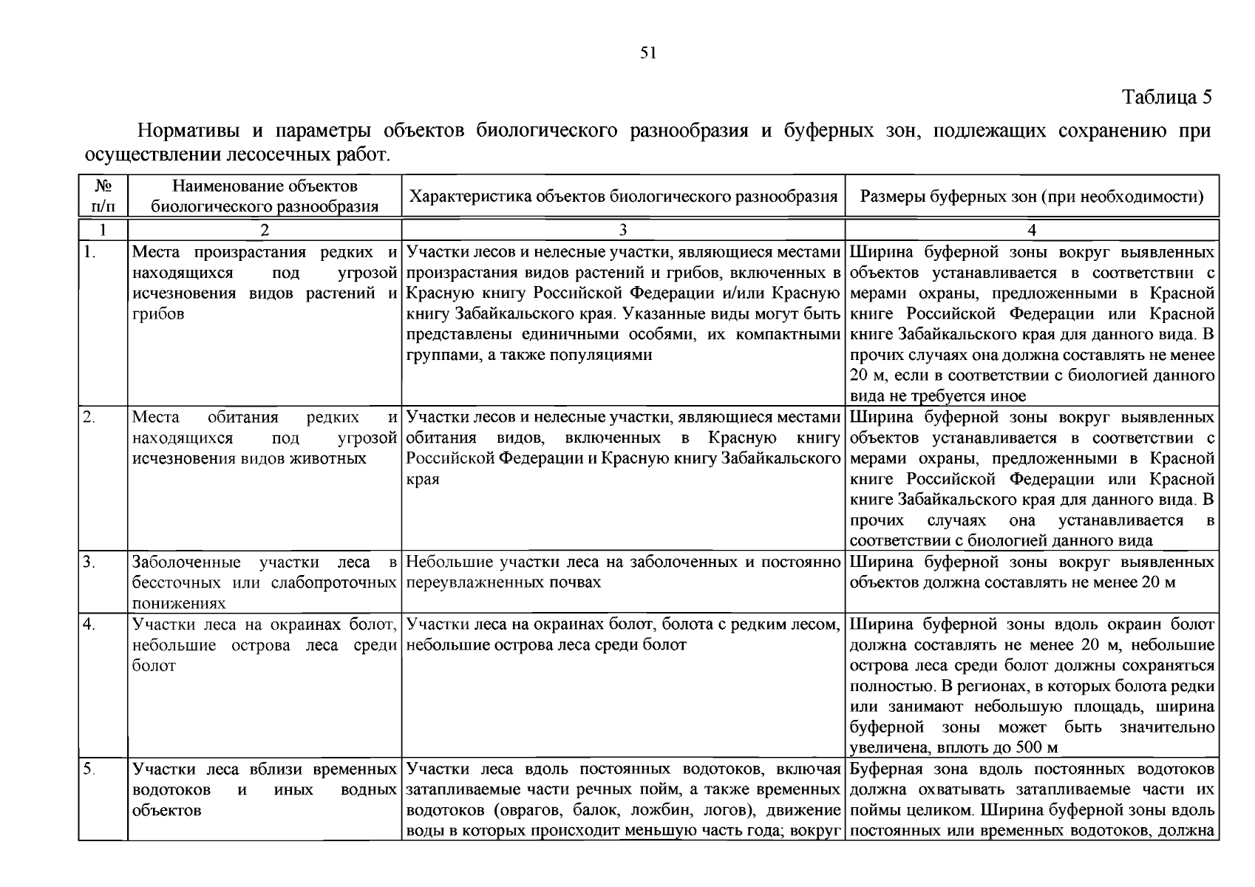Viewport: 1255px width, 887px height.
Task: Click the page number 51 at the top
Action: click(647, 52)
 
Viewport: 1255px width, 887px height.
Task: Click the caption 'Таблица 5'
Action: click(1166, 98)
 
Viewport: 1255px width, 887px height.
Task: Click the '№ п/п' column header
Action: click(103, 196)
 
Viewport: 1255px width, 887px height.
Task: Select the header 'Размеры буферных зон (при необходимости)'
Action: click(1032, 197)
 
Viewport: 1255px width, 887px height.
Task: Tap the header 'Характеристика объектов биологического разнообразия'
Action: click(623, 197)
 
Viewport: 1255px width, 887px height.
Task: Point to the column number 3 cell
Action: click(623, 230)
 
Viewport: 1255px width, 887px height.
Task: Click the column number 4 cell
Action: click(1032, 230)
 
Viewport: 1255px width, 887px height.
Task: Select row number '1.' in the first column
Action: click(89, 252)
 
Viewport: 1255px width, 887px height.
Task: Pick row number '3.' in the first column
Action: click(89, 562)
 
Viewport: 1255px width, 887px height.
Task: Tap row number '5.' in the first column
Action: click(89, 769)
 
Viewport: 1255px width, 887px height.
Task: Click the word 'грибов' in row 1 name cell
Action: click(157, 313)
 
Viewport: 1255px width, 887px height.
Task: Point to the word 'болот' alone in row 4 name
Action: click(154, 665)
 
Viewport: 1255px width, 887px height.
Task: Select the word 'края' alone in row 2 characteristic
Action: click(423, 479)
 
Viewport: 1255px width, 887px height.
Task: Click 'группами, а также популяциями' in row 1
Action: click(529, 355)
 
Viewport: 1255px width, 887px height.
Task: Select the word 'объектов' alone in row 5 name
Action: click(166, 810)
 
